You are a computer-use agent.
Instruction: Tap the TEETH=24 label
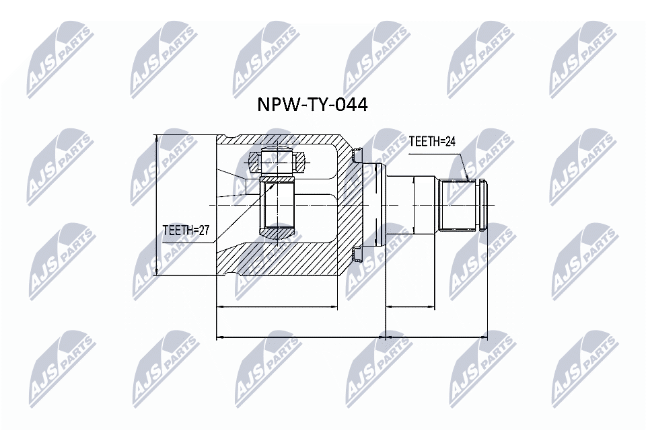433,142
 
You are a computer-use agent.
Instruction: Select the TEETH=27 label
186,230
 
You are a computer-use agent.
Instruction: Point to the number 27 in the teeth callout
203,230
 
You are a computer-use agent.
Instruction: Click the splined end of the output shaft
459,205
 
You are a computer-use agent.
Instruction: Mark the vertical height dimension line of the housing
157,205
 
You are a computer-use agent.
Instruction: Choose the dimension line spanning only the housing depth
276,308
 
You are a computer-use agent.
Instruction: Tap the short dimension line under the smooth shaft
436,308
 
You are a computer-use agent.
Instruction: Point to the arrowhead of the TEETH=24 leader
466,179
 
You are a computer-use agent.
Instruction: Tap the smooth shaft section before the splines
416,205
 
